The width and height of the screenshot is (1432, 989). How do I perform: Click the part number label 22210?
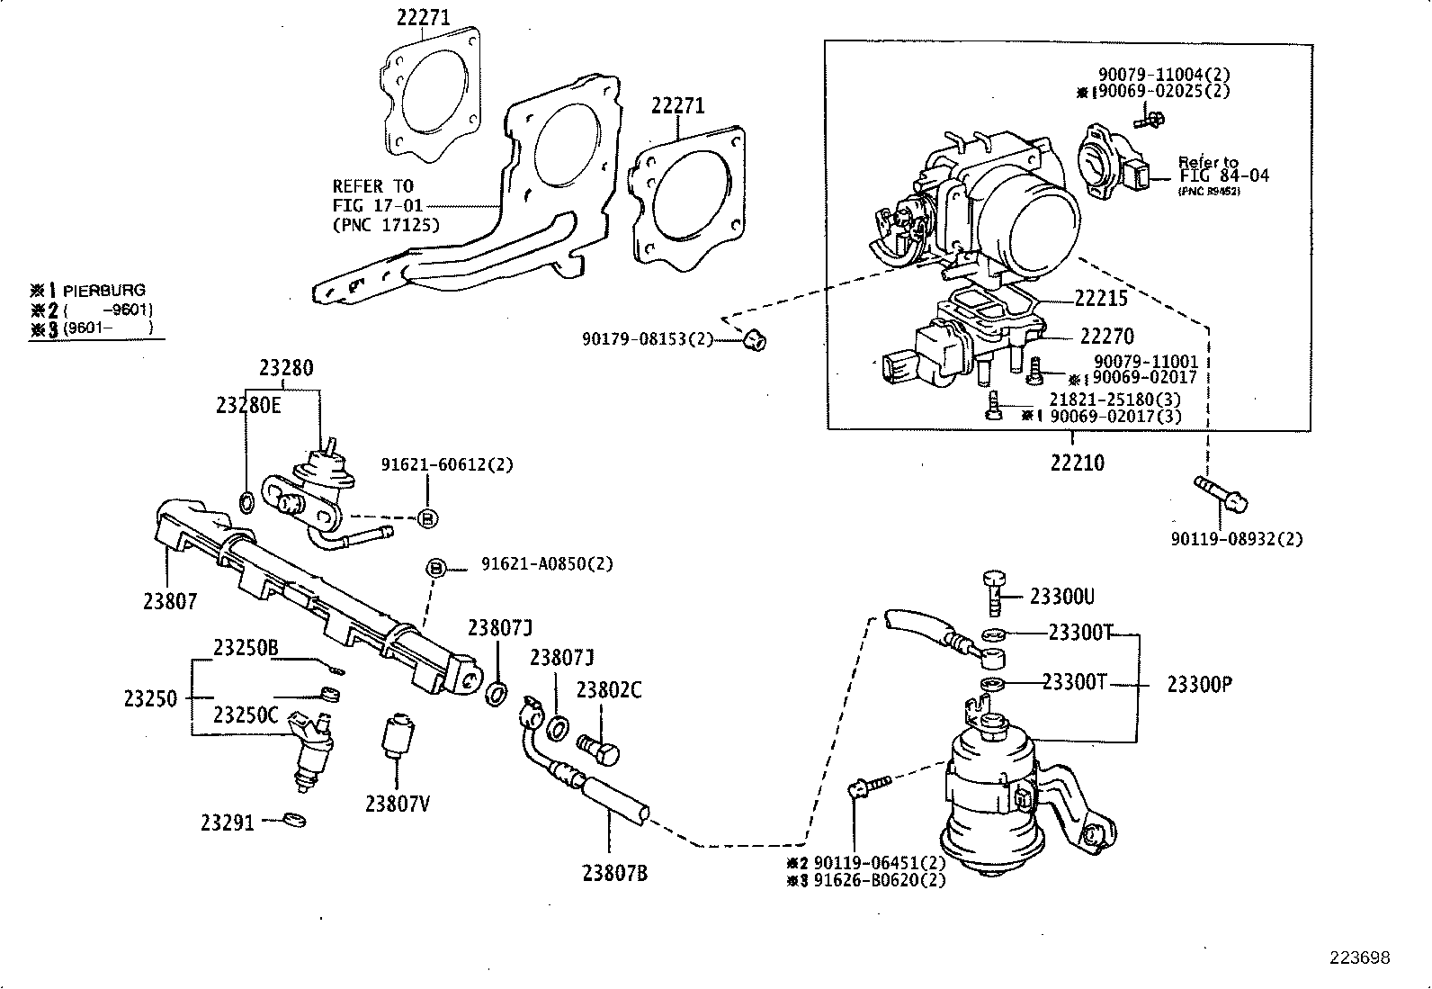[x=1077, y=463]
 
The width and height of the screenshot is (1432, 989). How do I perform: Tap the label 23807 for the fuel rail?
[x=169, y=600]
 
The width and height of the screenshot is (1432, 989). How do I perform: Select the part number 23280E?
[x=248, y=406]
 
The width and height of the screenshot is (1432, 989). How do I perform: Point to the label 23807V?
[x=397, y=804]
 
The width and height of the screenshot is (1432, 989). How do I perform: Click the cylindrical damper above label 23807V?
[x=397, y=738]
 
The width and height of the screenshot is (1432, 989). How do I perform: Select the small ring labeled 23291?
[x=294, y=820]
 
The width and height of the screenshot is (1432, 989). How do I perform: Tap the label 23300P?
[x=1199, y=685]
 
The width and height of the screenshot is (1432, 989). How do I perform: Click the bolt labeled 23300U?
[x=994, y=589]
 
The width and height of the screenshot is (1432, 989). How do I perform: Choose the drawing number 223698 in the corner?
[x=1360, y=958]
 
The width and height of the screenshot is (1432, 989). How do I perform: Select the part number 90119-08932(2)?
[x=1236, y=539]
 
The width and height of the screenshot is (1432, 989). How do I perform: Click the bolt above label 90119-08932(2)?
[x=1220, y=492]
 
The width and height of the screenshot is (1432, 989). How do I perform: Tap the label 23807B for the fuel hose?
[x=614, y=872]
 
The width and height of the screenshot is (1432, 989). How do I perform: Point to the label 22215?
[x=1102, y=298]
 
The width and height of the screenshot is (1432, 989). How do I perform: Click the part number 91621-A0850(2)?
[x=546, y=564]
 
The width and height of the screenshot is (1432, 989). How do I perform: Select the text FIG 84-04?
[x=1224, y=175]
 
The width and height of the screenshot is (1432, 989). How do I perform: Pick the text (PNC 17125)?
[x=386, y=225]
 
